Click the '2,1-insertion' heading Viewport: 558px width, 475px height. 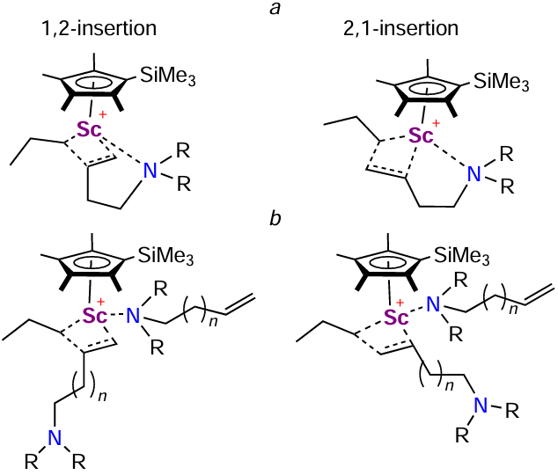tap(400, 28)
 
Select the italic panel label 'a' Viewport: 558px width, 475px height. tap(280, 9)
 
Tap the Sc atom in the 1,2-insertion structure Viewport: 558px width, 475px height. tap(88, 131)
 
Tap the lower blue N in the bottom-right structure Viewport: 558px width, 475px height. tap(481, 405)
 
